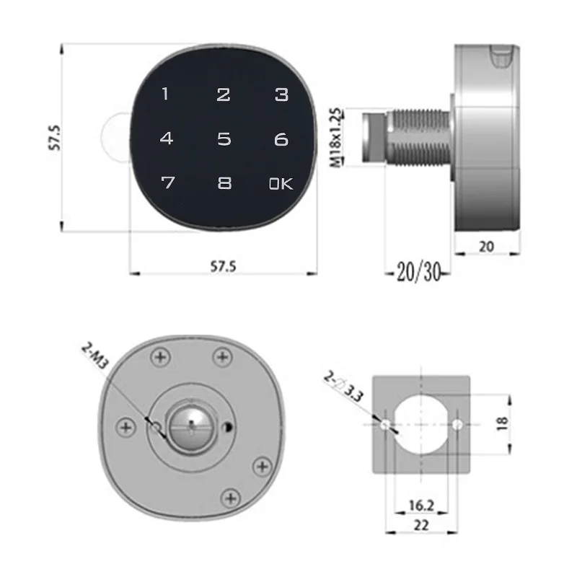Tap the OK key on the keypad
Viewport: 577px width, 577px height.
click(281, 183)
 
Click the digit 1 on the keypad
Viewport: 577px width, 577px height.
click(165, 94)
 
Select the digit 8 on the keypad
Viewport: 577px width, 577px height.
click(224, 183)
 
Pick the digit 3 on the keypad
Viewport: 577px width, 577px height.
click(281, 94)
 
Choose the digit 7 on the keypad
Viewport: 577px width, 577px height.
click(168, 182)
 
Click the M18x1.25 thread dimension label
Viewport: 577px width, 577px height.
click(335, 138)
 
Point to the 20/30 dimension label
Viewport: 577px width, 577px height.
click(419, 273)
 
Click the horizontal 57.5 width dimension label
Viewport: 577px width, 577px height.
click(223, 266)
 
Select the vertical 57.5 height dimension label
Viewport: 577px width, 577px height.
click(55, 138)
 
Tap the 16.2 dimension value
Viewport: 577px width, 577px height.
click(421, 506)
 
